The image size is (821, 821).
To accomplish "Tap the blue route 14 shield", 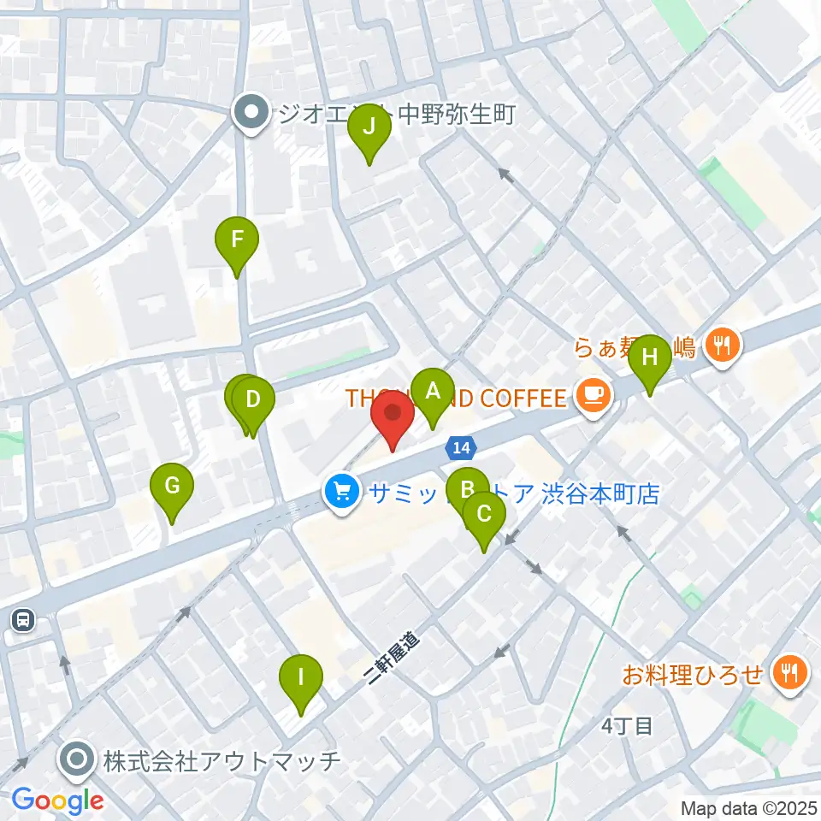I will click(460, 447).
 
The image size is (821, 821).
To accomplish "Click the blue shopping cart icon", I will click(343, 493).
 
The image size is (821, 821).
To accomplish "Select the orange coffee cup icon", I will click(593, 394).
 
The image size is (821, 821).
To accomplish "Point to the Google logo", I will click(57, 800).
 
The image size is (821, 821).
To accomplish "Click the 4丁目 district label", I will click(627, 727).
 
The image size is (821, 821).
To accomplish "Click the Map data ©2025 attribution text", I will click(747, 807).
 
